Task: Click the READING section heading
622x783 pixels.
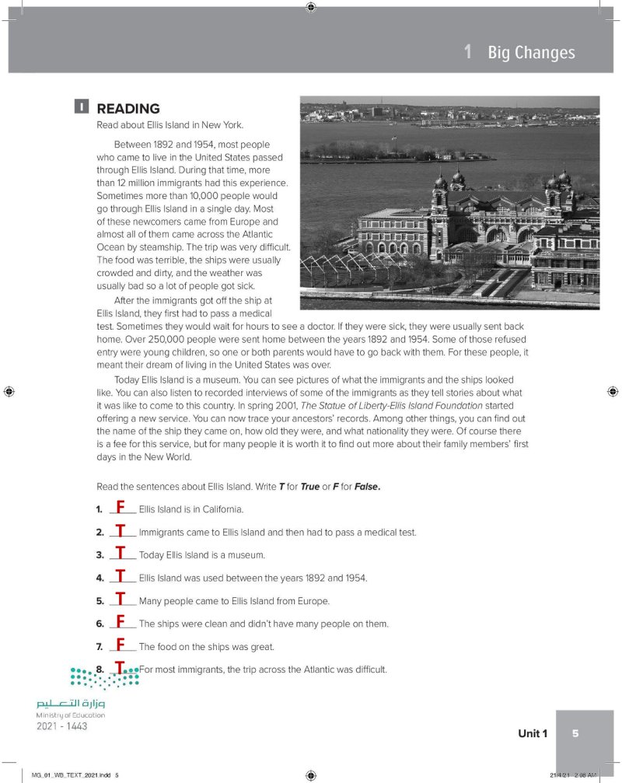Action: (128, 109)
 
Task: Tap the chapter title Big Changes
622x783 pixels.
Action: (531, 53)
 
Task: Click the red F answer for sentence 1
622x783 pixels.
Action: (121, 509)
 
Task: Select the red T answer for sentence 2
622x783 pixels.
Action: (121, 532)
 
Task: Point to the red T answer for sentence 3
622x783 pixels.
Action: (121, 554)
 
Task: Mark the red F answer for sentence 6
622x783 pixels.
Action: (121, 622)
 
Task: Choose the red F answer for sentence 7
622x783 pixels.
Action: (121, 645)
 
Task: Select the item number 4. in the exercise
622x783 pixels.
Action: (100, 579)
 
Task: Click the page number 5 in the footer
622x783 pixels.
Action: (575, 733)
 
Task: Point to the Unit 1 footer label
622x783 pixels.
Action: (533, 733)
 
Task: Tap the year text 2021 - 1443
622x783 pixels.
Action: (62, 726)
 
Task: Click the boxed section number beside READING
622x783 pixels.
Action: (81, 107)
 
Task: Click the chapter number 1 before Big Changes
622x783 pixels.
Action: (467, 53)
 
